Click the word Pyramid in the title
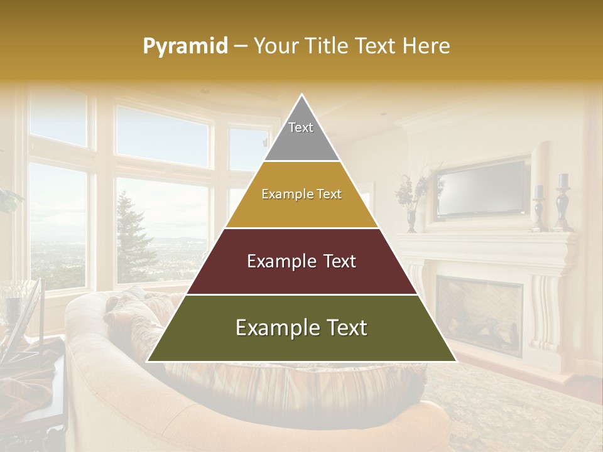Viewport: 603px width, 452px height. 185,46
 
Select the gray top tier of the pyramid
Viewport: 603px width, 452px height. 301,135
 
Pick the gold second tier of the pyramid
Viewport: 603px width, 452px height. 301,195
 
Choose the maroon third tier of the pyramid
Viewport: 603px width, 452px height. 301,261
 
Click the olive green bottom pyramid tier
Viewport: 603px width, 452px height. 301,328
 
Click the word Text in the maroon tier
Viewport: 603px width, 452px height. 339,261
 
